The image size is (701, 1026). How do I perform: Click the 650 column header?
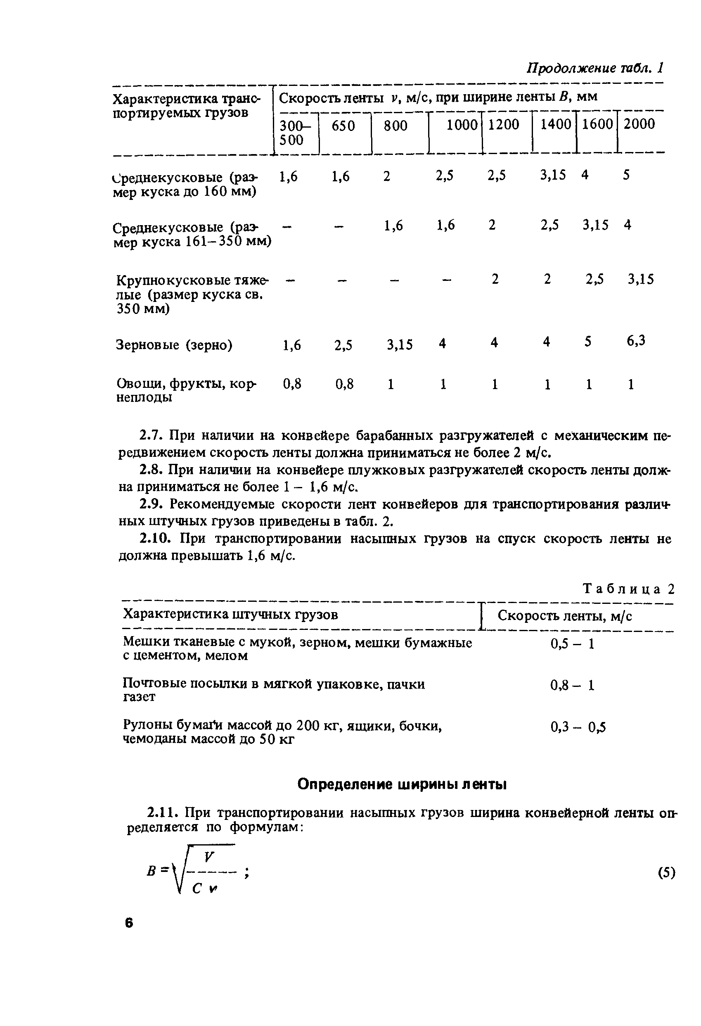[343, 126]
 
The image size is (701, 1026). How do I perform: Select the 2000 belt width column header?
[639, 124]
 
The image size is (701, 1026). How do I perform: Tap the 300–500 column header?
[294, 133]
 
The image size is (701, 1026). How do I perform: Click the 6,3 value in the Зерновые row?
[636, 340]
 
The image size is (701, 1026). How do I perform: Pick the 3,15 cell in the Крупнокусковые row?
[641, 279]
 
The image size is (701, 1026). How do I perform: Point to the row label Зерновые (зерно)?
[174, 344]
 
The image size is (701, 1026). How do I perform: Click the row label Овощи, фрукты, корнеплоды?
[185, 390]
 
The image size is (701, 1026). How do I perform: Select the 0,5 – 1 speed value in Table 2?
[572, 644]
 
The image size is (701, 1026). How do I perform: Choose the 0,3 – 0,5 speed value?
[578, 727]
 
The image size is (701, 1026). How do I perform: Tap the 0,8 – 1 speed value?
[572, 685]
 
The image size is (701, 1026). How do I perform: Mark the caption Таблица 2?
[629, 589]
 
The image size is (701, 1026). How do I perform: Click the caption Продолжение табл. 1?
[595, 68]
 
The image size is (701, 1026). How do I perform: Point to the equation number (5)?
[666, 872]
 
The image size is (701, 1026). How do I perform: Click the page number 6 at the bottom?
[128, 923]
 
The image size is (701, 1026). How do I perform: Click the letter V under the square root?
[208, 857]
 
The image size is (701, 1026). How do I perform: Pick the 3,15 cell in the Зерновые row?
[400, 344]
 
